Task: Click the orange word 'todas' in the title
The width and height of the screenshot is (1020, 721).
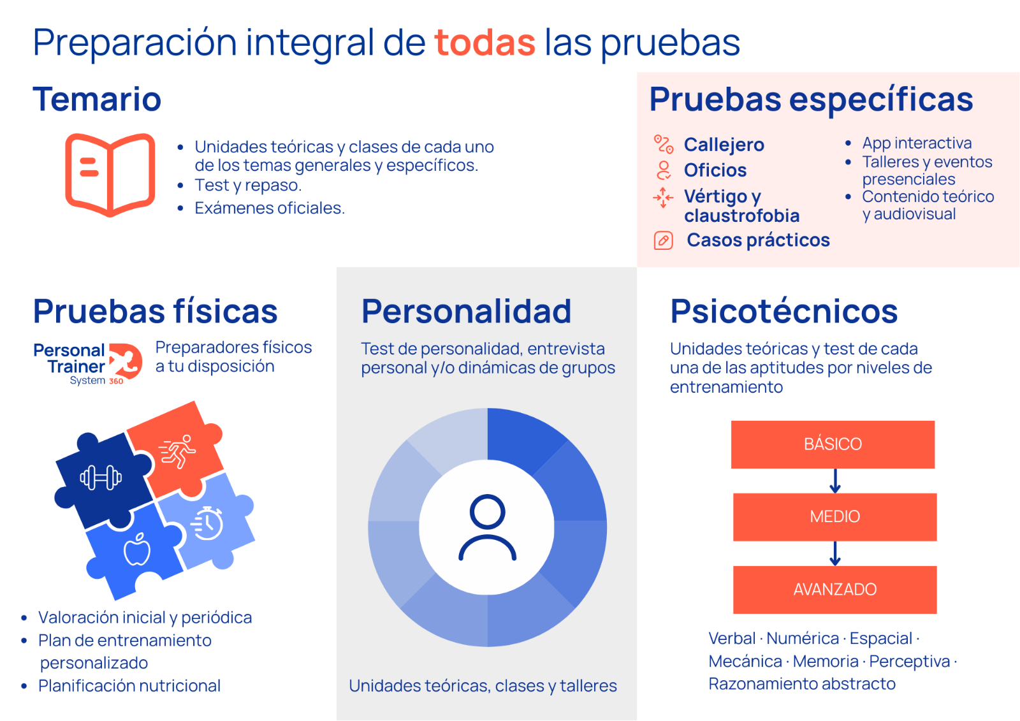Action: click(x=484, y=42)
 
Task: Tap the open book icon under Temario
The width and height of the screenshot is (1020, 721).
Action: click(x=110, y=175)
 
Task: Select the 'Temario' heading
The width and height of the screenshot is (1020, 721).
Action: click(x=97, y=99)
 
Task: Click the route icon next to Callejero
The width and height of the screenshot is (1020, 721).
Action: click(x=664, y=144)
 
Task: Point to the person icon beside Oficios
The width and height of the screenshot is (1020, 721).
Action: click(x=664, y=170)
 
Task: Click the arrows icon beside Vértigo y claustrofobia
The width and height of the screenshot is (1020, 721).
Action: click(x=663, y=198)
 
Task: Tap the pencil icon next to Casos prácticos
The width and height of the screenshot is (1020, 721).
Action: click(x=664, y=240)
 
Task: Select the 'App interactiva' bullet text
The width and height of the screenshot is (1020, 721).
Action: click(x=917, y=143)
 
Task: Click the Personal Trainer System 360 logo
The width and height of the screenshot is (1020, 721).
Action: click(x=88, y=363)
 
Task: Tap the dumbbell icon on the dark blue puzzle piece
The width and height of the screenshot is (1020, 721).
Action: click(x=101, y=477)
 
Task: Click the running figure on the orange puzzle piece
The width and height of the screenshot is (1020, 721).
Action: click(x=177, y=451)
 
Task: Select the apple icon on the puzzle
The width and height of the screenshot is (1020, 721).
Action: click(x=137, y=550)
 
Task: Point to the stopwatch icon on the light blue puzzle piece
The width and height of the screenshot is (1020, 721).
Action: click(x=208, y=523)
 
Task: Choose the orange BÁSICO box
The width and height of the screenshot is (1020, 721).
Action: click(x=833, y=444)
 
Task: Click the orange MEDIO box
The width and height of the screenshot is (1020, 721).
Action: click(x=834, y=517)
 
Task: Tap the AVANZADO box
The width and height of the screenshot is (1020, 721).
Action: click(x=834, y=590)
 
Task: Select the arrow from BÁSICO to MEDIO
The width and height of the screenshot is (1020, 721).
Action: click(x=835, y=481)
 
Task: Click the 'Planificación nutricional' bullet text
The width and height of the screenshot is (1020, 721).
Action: click(x=129, y=685)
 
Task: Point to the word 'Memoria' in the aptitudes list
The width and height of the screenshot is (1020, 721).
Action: click(x=826, y=661)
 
